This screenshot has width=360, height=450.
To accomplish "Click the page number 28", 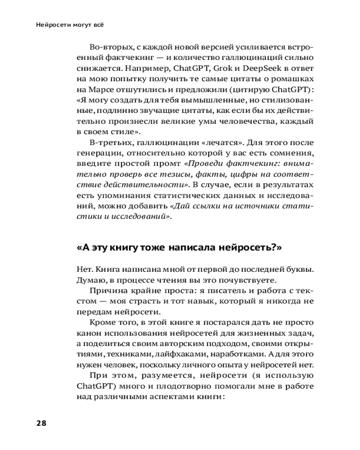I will click(41, 423).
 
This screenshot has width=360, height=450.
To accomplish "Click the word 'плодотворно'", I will click(170, 386).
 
